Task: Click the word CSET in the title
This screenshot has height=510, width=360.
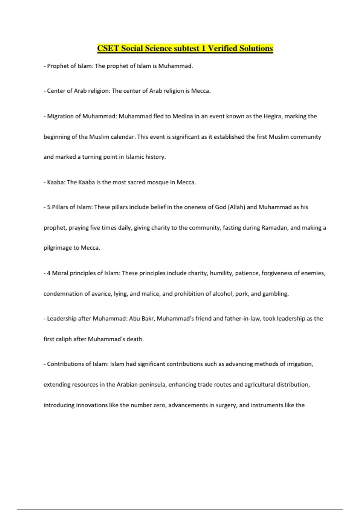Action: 108,48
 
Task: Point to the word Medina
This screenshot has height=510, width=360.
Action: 182,116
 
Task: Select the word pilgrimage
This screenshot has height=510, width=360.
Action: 58,248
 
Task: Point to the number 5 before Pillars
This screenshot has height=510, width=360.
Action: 49,207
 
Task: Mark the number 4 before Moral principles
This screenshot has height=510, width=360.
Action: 49,273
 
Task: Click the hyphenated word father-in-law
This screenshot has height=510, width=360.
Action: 243,319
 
